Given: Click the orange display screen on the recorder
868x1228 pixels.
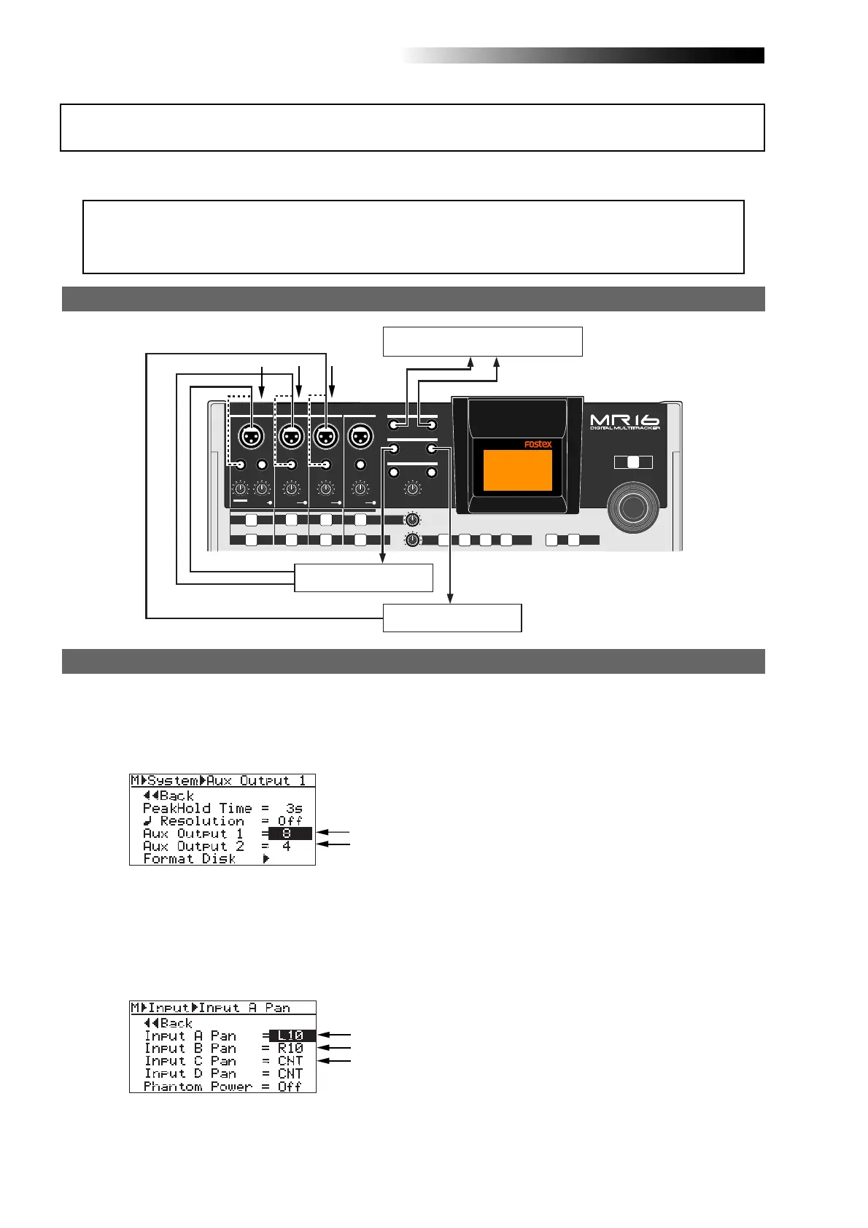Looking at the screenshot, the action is click(518, 470).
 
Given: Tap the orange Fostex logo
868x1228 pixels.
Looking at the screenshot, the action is click(538, 444).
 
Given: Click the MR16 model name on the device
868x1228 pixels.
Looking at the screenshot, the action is click(624, 420).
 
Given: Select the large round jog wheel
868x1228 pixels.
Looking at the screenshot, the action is click(634, 506).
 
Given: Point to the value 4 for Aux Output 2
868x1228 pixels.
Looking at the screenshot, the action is click(287, 846).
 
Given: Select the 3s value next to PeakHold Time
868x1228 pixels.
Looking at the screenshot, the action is click(294, 808).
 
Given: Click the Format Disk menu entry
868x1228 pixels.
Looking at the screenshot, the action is click(190, 859).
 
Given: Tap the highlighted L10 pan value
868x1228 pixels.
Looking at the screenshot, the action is click(292, 1035).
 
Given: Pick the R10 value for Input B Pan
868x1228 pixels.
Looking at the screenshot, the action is click(290, 1048).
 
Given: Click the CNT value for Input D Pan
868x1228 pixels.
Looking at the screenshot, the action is click(290, 1073).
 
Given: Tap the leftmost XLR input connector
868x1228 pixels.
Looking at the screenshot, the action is click(251, 437).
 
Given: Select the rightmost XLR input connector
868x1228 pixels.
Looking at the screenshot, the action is click(359, 437).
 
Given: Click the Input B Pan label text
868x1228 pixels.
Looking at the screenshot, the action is click(190, 1048).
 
